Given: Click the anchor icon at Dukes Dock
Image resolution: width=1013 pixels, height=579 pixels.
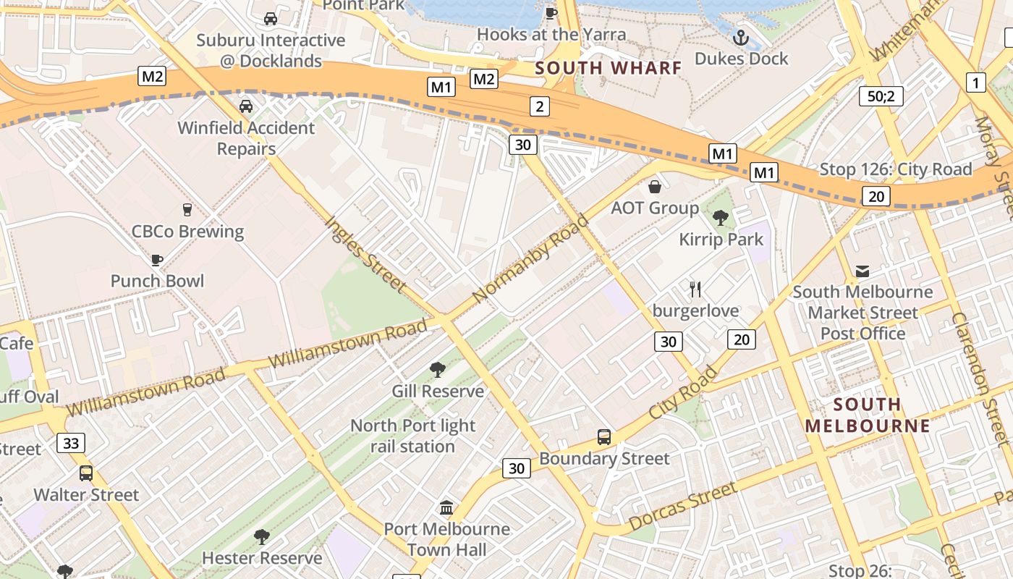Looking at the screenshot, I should [741, 38].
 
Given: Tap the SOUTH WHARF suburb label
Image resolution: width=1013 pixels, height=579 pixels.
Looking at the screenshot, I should [608, 68].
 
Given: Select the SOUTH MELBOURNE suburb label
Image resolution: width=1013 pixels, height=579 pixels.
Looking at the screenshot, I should [867, 415].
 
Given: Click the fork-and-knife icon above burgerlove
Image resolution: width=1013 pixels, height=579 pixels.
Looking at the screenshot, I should [695, 289].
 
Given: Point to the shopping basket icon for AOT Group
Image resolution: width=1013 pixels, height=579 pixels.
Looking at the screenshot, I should [655, 187].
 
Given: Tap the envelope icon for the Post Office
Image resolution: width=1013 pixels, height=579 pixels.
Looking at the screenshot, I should [862, 271].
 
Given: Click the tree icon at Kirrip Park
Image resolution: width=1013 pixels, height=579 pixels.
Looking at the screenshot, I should [721, 218].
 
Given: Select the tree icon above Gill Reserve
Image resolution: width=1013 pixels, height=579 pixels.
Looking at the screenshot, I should [437, 370].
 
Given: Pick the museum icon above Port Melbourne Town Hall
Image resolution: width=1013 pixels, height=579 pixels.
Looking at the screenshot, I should [446, 508].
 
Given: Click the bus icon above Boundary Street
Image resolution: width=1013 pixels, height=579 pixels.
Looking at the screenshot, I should [604, 437].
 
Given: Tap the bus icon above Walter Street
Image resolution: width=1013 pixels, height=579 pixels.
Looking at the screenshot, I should [86, 473].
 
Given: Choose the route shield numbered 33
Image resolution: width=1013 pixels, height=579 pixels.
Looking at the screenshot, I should [71, 443].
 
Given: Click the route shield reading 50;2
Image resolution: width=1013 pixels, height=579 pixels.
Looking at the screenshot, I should [881, 96].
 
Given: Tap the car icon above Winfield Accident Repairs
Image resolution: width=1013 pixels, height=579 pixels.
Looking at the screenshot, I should [246, 106].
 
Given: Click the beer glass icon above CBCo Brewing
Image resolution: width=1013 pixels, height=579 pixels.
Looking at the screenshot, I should [187, 210].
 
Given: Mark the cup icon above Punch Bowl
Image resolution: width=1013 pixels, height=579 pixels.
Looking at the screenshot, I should [157, 260].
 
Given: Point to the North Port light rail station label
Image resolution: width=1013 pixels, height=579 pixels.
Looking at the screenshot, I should [412, 436].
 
